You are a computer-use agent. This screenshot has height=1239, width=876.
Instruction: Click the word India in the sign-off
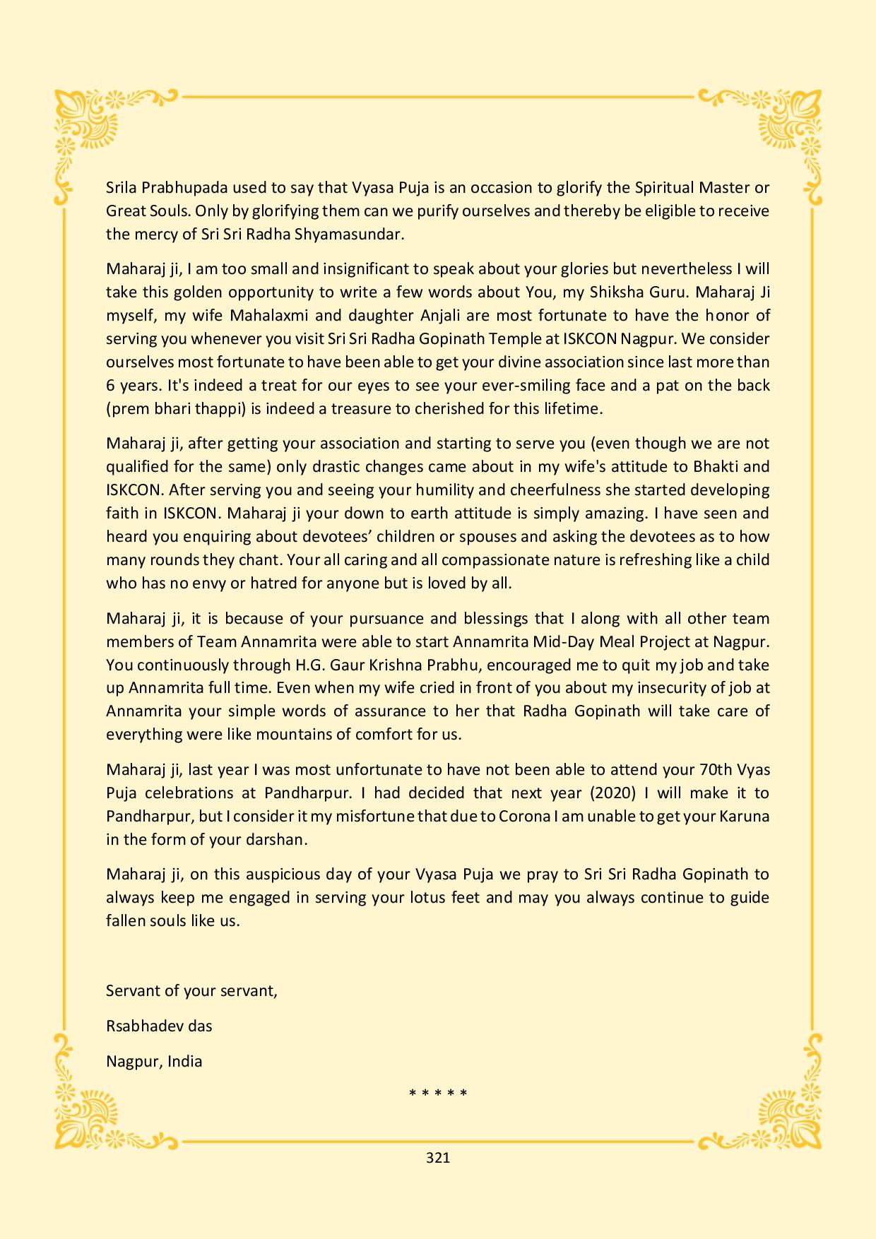pos(184,1061)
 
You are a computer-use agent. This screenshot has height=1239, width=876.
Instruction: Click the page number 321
pos(438,1158)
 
